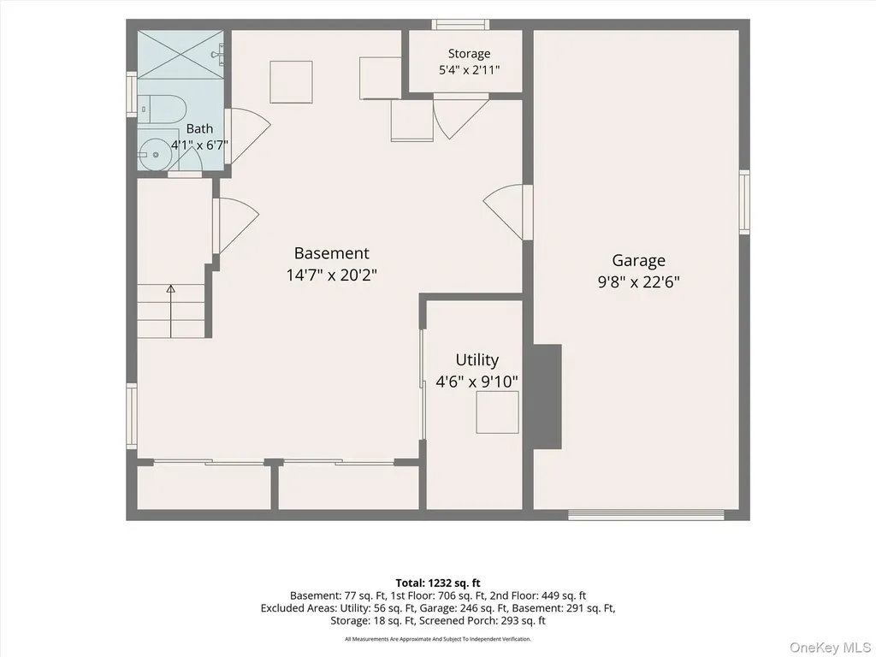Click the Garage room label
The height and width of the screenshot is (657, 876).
pos(638,260)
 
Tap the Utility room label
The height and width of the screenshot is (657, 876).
pos(476,360)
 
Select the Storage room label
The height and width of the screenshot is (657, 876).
pos(470,54)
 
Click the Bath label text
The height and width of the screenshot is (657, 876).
pos(199,128)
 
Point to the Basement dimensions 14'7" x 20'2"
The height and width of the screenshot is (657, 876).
pos(332,275)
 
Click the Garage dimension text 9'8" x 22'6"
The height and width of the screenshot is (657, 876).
pos(638,282)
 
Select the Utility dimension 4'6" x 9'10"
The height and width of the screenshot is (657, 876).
pos(476,382)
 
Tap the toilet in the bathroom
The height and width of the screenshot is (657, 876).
pos(161,109)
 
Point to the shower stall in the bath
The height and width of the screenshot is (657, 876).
pos(181,54)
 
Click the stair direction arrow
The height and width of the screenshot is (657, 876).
pos(171,311)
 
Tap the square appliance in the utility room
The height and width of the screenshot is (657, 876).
pos(497,412)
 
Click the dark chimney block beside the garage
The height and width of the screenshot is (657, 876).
pos(547,397)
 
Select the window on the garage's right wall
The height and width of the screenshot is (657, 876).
pos(744,202)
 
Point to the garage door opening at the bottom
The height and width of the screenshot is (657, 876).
pos(647,514)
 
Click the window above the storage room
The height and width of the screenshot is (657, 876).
pos(460,25)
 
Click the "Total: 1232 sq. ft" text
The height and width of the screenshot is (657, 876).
pos(438,583)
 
